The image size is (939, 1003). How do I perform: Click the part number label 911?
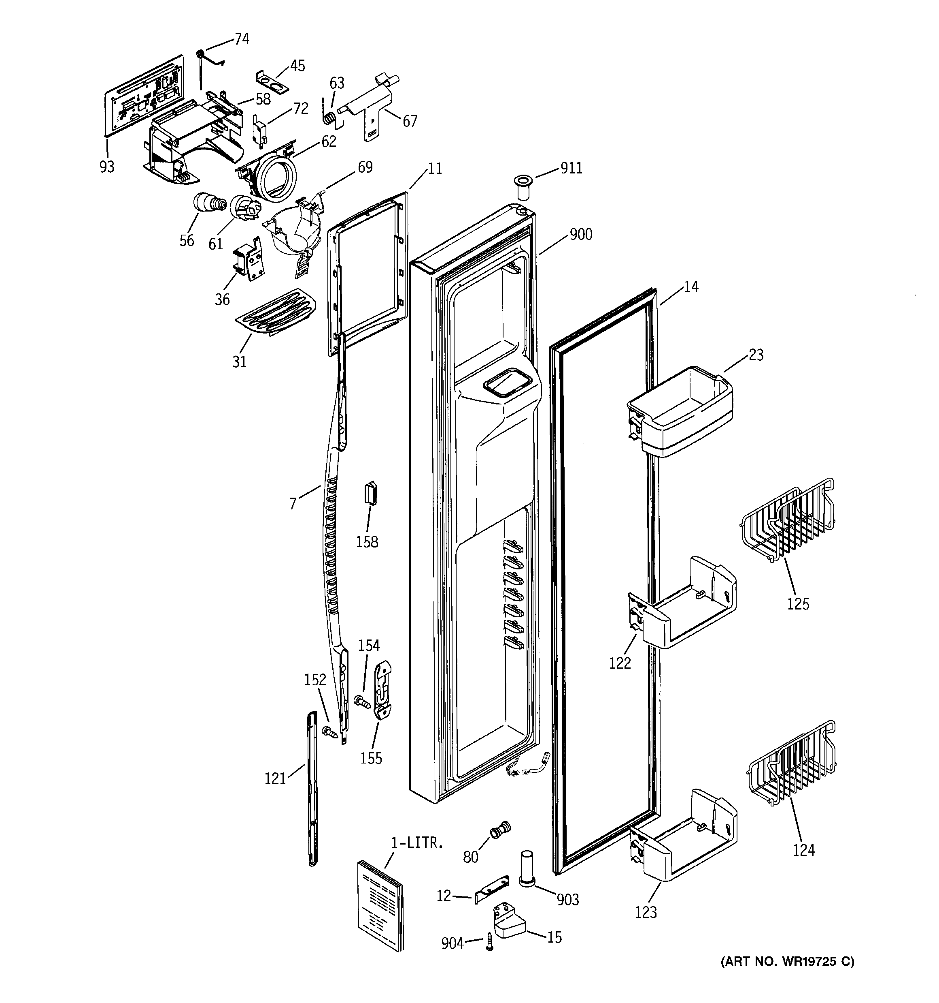point(571,168)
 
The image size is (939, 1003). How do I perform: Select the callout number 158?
point(367,541)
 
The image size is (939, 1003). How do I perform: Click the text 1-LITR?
point(417,842)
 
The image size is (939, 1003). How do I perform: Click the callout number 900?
point(581,234)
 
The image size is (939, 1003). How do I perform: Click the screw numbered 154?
point(362,701)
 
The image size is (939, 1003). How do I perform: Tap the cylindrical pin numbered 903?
point(526,867)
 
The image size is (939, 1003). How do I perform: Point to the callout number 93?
point(107,166)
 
